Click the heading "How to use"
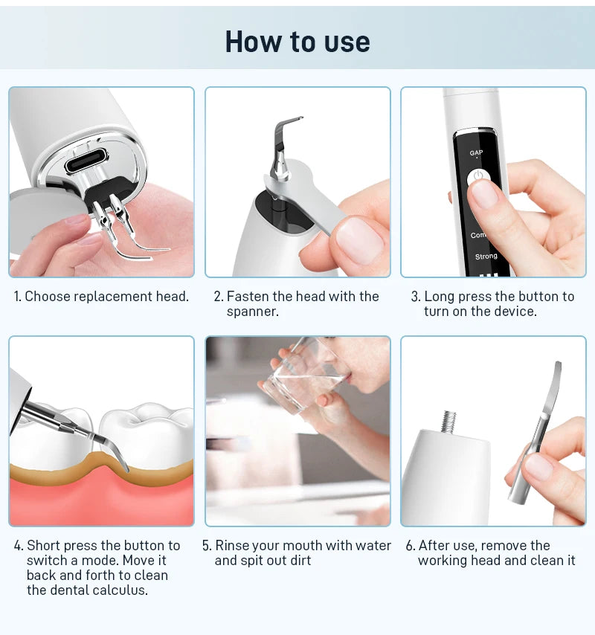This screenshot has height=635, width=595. click(297, 42)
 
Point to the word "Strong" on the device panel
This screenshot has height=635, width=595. click(486, 257)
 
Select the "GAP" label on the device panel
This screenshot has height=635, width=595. click(476, 153)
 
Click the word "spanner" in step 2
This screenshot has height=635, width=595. click(251, 312)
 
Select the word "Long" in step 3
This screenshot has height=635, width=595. click(438, 296)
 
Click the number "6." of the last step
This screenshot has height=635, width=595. click(411, 545)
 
